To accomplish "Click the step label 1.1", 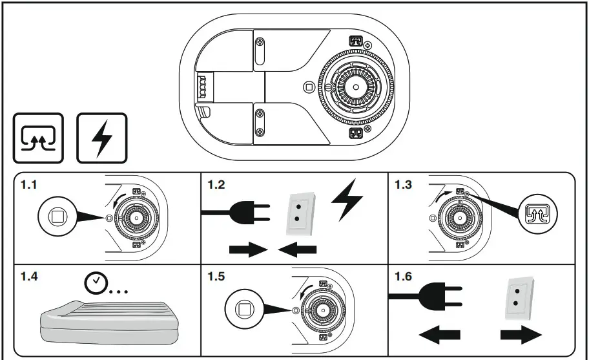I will [x=29, y=185].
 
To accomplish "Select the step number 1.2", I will [x=216, y=185].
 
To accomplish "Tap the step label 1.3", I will [x=404, y=185].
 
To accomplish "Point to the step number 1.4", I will [x=29, y=277].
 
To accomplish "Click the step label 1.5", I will [x=216, y=277].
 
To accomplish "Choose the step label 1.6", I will [x=404, y=277].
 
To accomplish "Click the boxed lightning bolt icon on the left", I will [x=101, y=138].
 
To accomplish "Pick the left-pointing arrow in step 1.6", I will [x=440, y=335].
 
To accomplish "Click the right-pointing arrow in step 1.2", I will [x=249, y=250].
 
